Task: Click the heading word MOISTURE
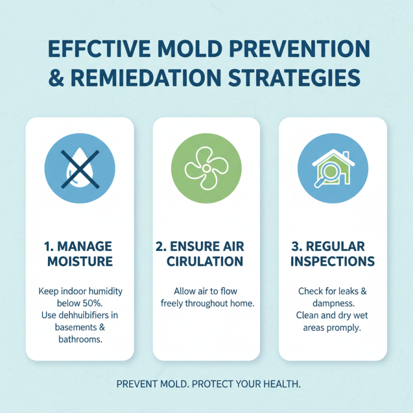pos(80,261)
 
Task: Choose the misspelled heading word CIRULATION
pos(206,261)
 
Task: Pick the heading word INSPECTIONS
pos(332,261)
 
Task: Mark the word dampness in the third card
pos(332,303)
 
